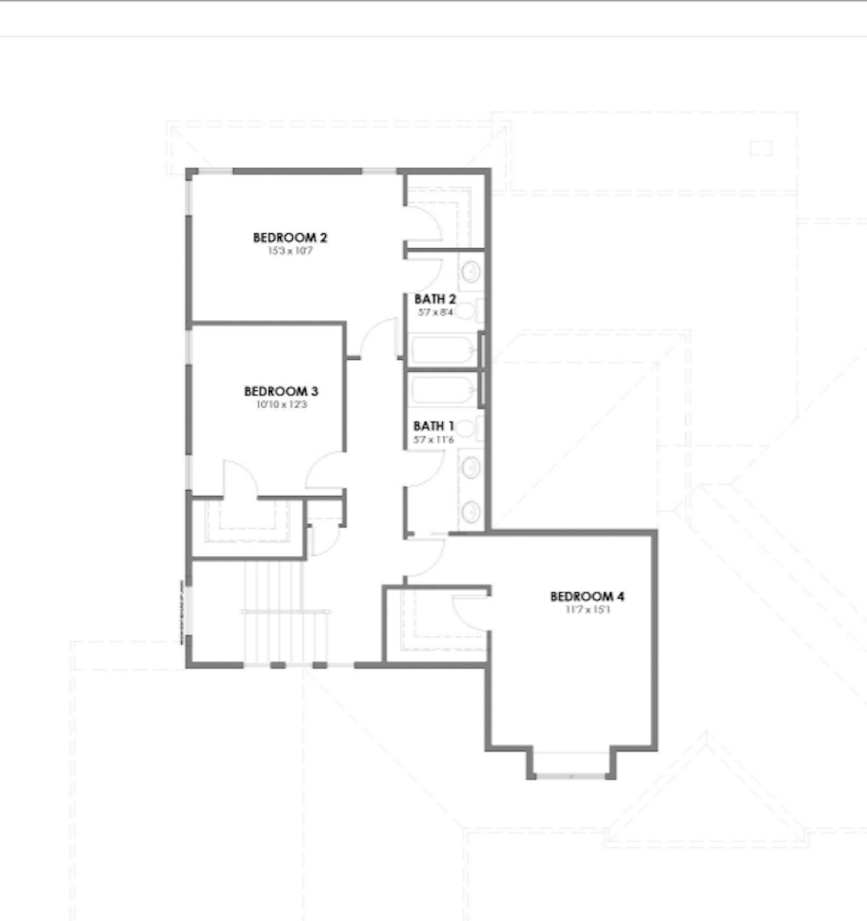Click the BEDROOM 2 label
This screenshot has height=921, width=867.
tap(290, 237)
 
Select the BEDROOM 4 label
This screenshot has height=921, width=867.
tap(587, 597)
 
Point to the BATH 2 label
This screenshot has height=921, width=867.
tap(434, 299)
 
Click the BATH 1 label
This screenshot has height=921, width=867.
tap(433, 426)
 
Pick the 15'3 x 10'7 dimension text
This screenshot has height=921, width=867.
tap(290, 251)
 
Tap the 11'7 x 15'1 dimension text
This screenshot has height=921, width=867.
tap(587, 610)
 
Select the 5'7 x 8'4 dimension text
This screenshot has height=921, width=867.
tap(434, 311)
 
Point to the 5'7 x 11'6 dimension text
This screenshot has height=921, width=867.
tap(433, 439)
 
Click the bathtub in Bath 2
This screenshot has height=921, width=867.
tap(442, 351)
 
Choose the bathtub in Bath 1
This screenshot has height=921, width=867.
tap(442, 389)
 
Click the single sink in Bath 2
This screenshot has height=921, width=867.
tap(470, 271)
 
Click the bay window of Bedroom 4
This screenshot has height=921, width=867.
tap(571, 768)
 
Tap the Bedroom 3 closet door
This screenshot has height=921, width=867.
tap(240, 480)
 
